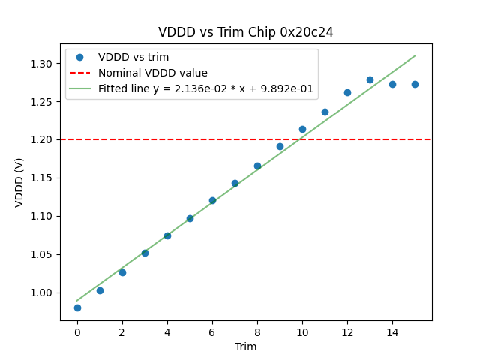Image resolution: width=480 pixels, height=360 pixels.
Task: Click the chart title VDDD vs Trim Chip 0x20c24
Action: (x=246, y=32)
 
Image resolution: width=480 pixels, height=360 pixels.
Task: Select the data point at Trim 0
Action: (x=77, y=307)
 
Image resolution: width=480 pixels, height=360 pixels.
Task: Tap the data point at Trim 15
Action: (x=415, y=84)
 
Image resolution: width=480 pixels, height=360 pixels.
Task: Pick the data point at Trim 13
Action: (x=370, y=79)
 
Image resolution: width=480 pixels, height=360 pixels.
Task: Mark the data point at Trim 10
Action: (x=302, y=129)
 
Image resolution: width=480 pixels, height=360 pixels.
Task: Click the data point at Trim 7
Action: (x=235, y=183)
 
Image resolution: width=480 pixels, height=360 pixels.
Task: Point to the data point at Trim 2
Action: (x=122, y=272)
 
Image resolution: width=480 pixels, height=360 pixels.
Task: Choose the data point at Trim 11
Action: (x=325, y=112)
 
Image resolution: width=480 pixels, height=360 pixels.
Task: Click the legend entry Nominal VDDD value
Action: (x=153, y=73)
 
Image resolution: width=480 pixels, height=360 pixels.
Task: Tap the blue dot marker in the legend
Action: (x=79, y=58)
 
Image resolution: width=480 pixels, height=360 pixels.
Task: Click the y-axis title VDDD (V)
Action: (x=19, y=182)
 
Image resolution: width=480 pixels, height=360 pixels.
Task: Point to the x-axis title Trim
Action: (x=246, y=346)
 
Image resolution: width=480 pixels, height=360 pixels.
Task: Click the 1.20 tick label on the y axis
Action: (x=42, y=139)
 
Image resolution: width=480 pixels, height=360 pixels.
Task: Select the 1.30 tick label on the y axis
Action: (x=42, y=64)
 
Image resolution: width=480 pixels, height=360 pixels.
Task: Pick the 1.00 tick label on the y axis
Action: (x=42, y=292)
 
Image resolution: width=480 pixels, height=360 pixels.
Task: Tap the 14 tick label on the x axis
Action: (x=392, y=332)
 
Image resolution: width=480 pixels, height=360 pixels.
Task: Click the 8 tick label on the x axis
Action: (x=257, y=332)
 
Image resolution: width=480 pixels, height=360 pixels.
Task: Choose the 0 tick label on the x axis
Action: (x=77, y=332)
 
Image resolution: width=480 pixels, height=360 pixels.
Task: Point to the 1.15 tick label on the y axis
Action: (x=42, y=178)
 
